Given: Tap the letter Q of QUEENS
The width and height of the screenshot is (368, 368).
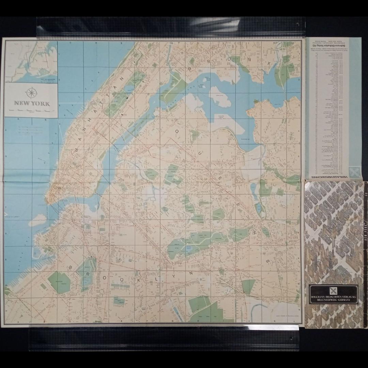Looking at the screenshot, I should [177, 131].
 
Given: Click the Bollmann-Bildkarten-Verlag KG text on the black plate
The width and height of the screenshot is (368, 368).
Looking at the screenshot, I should [334, 297].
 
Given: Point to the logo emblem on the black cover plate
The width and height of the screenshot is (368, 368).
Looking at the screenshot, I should [334, 291].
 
